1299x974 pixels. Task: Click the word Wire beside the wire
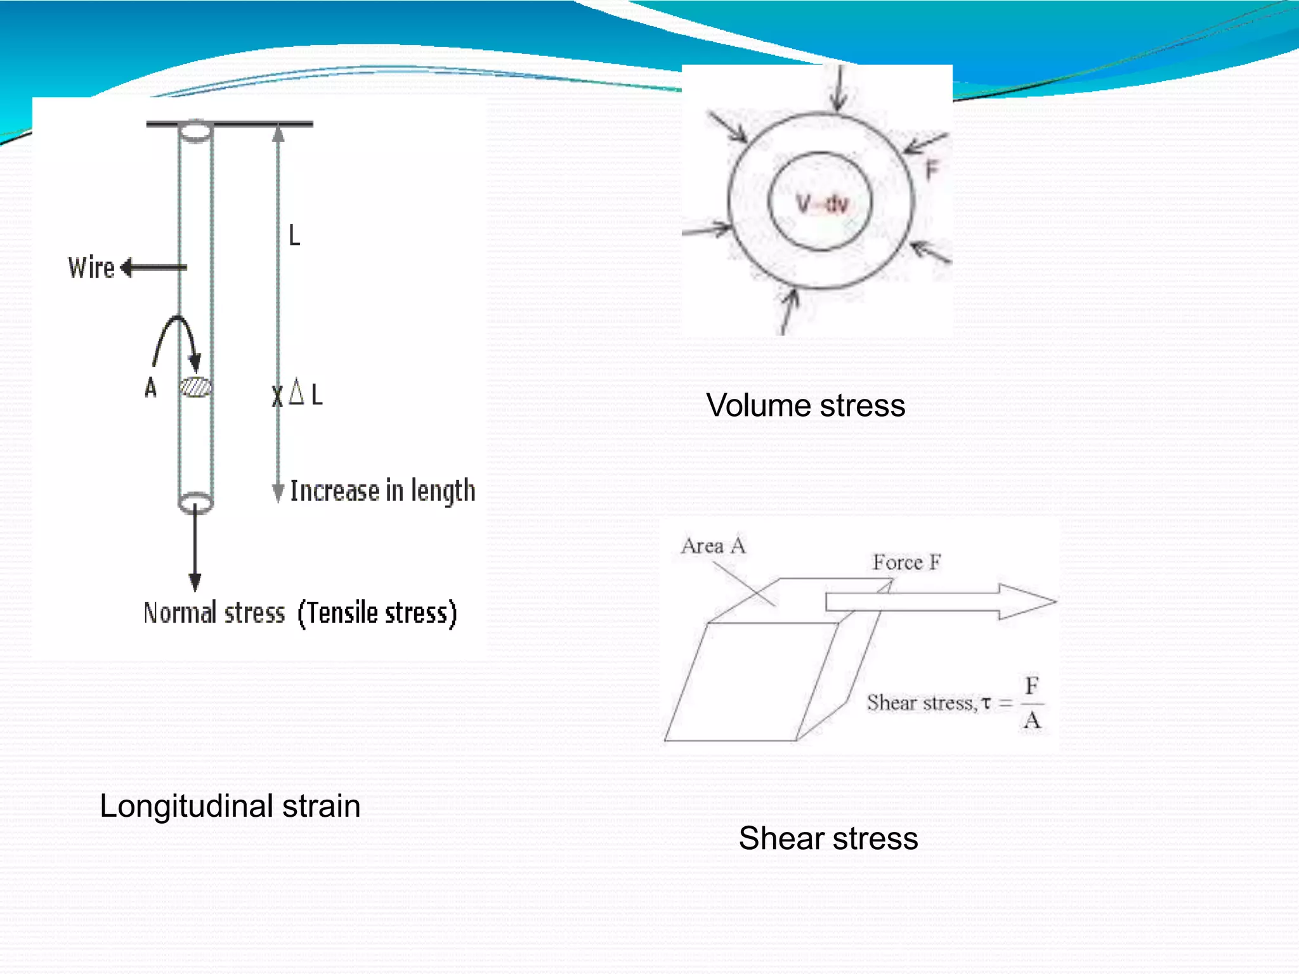click(x=91, y=268)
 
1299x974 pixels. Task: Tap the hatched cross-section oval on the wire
click(x=195, y=387)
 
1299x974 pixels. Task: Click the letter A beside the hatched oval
click(x=150, y=387)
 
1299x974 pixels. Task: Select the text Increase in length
click(x=382, y=491)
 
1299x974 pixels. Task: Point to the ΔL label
click(x=306, y=394)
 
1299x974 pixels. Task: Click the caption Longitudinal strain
click(x=230, y=806)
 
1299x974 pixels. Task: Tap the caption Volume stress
click(x=806, y=405)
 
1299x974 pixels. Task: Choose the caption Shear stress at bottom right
click(x=828, y=838)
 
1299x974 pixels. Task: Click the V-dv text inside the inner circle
click(x=822, y=204)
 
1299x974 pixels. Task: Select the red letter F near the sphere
click(x=931, y=170)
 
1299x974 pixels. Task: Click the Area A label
click(x=713, y=545)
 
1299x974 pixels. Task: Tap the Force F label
click(x=906, y=562)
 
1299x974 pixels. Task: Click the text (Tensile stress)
click(x=377, y=613)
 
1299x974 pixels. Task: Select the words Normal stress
click(x=214, y=613)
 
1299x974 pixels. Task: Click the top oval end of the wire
click(x=195, y=131)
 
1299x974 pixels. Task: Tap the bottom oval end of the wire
click(x=195, y=503)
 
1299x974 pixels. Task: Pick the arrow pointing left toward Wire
click(x=153, y=268)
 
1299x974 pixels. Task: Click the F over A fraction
click(x=1032, y=703)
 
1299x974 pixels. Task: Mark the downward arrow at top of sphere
click(x=839, y=89)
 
